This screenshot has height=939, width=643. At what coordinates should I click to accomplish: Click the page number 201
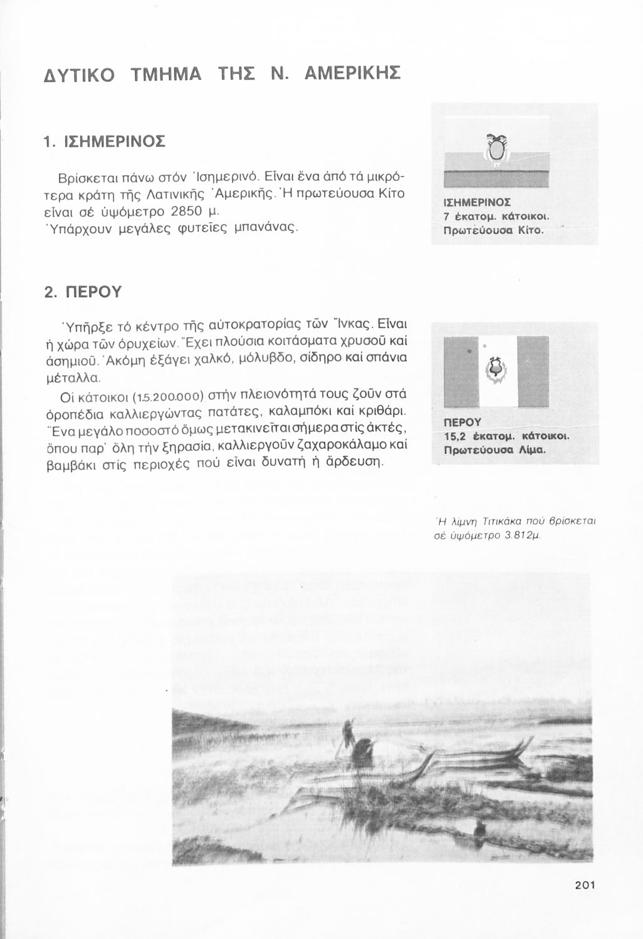(583, 885)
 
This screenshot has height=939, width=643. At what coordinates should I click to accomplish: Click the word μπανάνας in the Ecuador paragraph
(264, 225)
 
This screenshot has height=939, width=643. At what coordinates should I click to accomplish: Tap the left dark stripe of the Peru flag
(459, 371)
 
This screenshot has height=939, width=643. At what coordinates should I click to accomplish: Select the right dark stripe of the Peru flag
(533, 371)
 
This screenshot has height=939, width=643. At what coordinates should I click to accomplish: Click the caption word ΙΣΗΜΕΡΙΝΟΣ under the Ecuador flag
(477, 202)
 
